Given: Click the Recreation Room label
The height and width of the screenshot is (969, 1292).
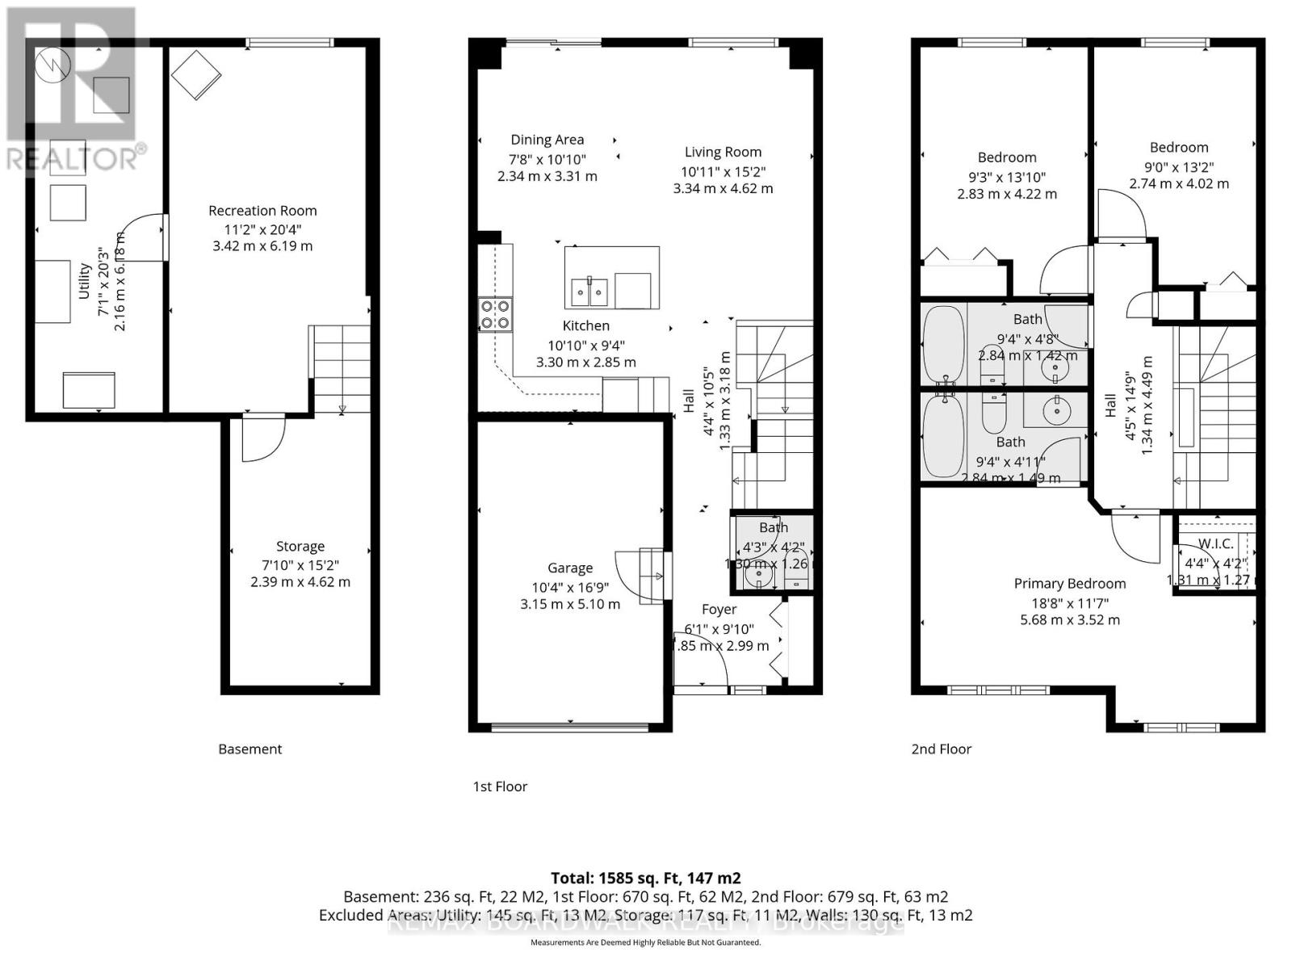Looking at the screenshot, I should (262, 211).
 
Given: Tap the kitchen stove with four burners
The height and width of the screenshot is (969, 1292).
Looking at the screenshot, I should (495, 314).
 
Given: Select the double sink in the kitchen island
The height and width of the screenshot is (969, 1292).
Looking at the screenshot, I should (589, 292).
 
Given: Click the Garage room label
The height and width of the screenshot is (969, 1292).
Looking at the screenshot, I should (570, 568).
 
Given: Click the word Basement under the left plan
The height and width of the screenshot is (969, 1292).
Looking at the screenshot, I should (250, 749).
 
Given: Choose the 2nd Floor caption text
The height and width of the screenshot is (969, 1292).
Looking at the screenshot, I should (942, 749).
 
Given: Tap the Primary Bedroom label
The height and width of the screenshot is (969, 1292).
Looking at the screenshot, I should (1070, 584).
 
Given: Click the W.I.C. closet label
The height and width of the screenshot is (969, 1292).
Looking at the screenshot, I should (1215, 543).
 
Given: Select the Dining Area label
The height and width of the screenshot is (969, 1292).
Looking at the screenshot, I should (547, 140).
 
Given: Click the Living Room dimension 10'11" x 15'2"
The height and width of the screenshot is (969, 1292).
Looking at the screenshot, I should (723, 171).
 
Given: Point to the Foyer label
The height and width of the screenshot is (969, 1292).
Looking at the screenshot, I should (719, 610).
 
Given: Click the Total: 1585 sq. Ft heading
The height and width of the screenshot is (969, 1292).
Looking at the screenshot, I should (646, 878).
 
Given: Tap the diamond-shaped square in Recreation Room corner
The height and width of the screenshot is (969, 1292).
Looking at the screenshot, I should (196, 75).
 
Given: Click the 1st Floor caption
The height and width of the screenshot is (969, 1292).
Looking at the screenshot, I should (500, 787).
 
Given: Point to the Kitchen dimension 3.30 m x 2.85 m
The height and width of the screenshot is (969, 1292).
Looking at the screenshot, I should (586, 363).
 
